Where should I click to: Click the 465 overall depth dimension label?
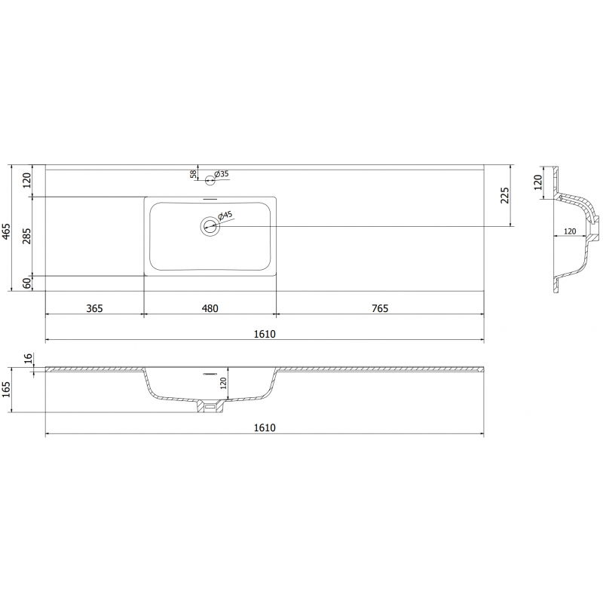(x=7, y=231)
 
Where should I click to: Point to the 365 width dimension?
(x=94, y=308)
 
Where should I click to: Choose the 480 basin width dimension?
(x=210, y=308)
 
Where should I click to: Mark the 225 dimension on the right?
(x=506, y=195)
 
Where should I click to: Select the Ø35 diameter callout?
(x=222, y=174)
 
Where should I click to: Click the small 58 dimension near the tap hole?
(x=194, y=174)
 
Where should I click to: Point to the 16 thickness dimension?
(x=28, y=359)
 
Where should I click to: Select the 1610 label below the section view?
(x=265, y=427)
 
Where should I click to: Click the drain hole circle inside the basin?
(x=209, y=225)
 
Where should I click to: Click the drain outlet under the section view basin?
(x=210, y=407)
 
